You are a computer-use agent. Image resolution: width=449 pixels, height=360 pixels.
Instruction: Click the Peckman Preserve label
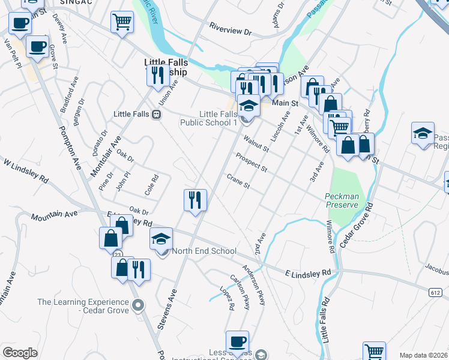point(342,200)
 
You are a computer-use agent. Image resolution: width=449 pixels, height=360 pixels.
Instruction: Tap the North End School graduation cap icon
point(161,239)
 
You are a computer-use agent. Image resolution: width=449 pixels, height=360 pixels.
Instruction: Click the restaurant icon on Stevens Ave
point(195,200)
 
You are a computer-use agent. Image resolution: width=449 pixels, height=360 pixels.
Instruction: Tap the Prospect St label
point(252,162)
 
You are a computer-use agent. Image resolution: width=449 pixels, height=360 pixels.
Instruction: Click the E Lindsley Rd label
point(309,272)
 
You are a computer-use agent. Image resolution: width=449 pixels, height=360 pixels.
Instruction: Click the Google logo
point(20,353)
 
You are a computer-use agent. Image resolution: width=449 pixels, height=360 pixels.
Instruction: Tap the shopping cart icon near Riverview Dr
point(122,22)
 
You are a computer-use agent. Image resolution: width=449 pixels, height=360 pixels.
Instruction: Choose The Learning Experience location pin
point(139,305)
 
